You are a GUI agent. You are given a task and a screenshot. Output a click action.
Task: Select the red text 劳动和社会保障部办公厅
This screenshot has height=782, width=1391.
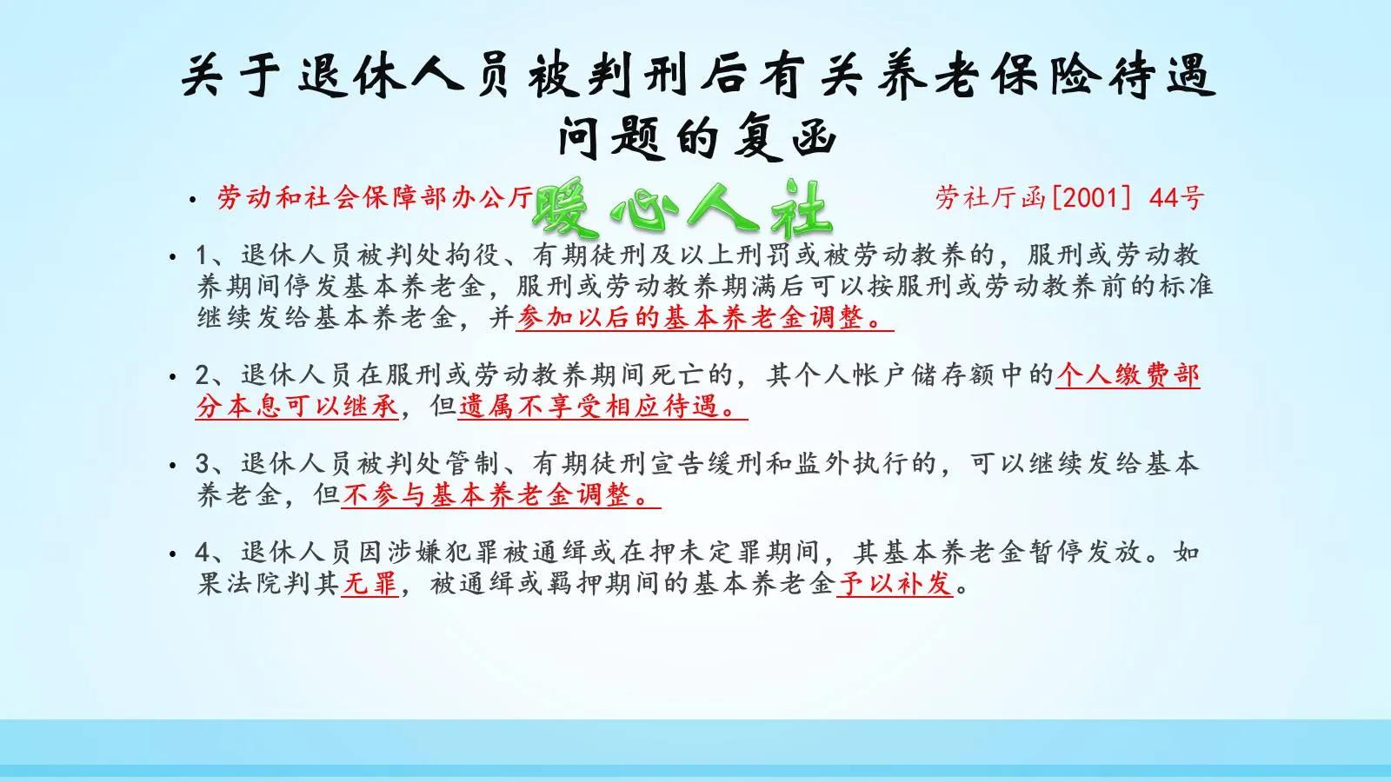(x=375, y=198)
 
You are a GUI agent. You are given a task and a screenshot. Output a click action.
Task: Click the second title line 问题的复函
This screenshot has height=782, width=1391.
(x=696, y=137)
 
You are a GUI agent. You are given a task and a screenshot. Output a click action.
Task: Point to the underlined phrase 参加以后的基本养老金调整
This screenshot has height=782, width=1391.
(x=704, y=318)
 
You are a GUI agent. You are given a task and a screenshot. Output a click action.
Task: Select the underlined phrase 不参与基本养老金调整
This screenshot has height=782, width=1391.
(x=501, y=495)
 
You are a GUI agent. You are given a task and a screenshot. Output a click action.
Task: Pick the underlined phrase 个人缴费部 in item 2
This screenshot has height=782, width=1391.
(x=1128, y=375)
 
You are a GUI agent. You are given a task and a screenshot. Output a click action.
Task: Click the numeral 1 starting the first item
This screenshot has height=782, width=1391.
(x=203, y=255)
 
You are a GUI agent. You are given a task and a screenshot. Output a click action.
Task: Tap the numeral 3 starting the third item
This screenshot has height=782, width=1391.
(x=203, y=464)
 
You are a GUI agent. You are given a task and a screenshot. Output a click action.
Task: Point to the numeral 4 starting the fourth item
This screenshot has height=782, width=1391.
(x=203, y=553)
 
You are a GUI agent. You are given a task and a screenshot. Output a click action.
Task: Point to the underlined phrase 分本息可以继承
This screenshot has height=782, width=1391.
(x=297, y=406)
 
